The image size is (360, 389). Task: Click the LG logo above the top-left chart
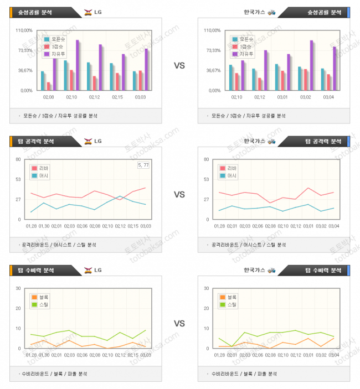pyautogui.click(x=88, y=12)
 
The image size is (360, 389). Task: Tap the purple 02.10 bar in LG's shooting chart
pyautogui.click(x=78, y=65)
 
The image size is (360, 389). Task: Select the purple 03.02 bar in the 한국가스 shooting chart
pyautogui.click(x=311, y=65)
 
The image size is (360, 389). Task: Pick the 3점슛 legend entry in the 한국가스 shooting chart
pyautogui.click(x=243, y=46)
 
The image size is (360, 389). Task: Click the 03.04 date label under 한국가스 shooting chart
pyautogui.click(x=328, y=97)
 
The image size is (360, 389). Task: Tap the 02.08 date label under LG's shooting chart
pyautogui.click(x=48, y=97)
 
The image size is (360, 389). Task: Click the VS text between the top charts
pyautogui.click(x=179, y=66)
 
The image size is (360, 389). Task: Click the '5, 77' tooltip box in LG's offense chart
pyautogui.click(x=143, y=165)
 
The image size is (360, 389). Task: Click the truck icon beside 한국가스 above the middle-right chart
pyautogui.click(x=271, y=141)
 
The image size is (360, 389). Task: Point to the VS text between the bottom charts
pyautogui.click(x=179, y=324)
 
